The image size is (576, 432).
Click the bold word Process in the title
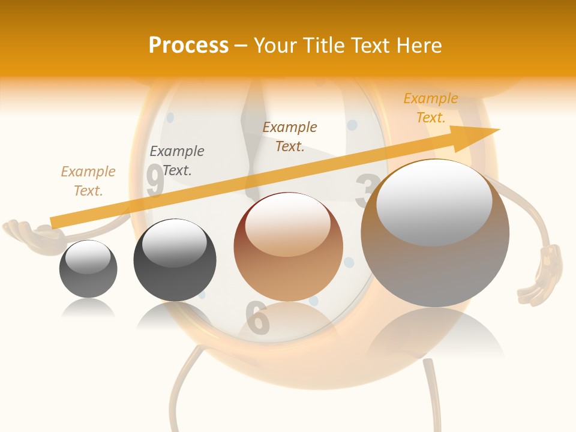[x=188, y=46]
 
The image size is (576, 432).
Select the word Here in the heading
[x=421, y=46]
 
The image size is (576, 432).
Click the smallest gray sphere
[x=88, y=269]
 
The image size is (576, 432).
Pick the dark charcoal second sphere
[x=175, y=260]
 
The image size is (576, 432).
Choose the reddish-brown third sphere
[x=288, y=247]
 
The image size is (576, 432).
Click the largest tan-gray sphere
[x=435, y=233]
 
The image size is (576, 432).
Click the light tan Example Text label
[x=88, y=181]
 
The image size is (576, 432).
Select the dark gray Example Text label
[x=177, y=161]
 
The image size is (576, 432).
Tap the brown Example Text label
[x=290, y=137]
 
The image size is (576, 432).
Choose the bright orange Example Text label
[x=431, y=108]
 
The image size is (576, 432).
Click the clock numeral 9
[x=155, y=181]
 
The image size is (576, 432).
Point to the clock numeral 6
[x=257, y=317]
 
